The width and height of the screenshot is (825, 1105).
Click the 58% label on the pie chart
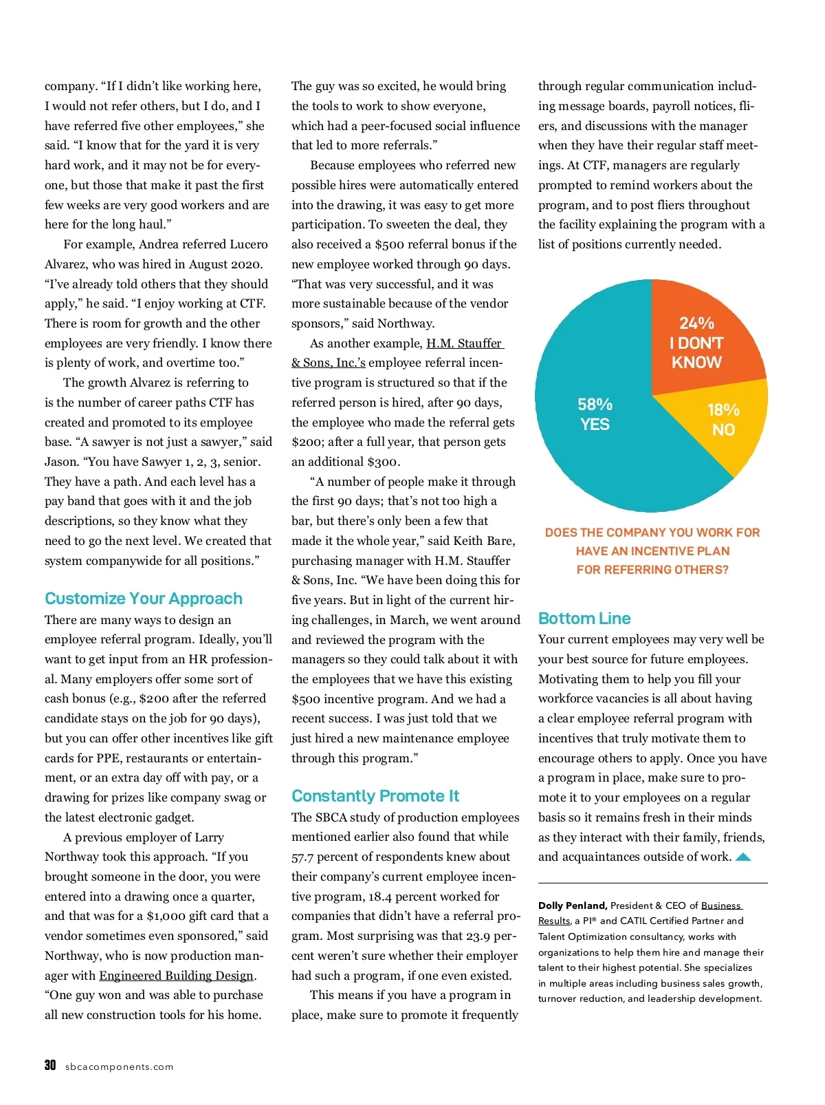click(595, 405)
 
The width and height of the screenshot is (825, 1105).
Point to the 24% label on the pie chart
click(696, 323)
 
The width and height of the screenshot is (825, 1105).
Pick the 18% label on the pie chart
click(723, 410)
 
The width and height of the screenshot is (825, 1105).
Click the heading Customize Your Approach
click(144, 599)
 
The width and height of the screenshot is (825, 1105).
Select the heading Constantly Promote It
click(375, 796)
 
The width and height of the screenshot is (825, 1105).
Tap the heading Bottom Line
click(584, 619)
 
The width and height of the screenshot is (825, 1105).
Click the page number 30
click(50, 1065)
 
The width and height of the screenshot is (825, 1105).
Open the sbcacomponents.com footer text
click(119, 1067)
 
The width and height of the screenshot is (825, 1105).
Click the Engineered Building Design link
click(177, 976)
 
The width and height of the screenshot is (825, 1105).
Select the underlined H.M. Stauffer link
click(465, 343)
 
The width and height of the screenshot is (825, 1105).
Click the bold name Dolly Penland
click(572, 905)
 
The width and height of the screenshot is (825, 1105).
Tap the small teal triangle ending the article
click(743, 857)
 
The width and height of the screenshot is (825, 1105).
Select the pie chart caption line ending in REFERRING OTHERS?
click(652, 570)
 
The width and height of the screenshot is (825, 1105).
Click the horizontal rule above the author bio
click(652, 883)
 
